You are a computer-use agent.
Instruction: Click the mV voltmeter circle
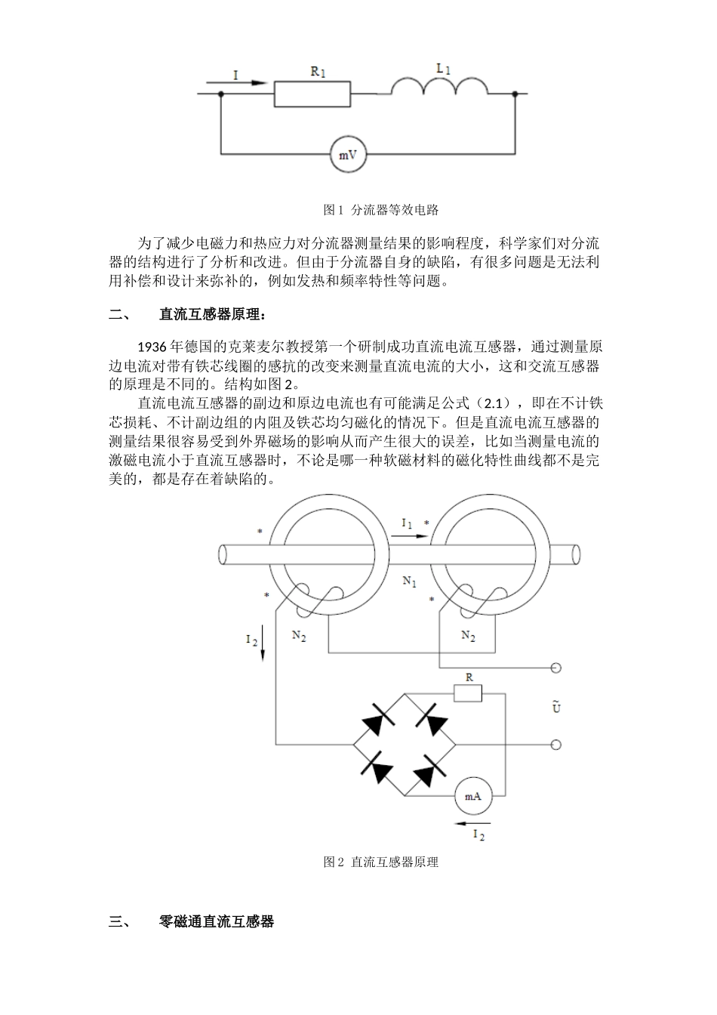tap(348, 156)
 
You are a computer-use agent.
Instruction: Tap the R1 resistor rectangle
tap(312, 94)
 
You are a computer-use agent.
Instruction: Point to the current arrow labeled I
tap(248, 83)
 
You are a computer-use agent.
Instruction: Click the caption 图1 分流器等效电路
tap(380, 209)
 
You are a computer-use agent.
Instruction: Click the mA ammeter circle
tap(472, 796)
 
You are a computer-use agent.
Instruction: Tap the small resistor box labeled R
tap(468, 693)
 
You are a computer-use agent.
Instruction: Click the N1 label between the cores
tap(408, 582)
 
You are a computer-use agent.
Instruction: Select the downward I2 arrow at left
tap(263, 643)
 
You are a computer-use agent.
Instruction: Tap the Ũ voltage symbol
tap(556, 707)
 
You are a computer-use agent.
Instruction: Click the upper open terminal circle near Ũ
tap(556, 668)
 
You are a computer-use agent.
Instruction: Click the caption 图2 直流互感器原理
tap(380, 862)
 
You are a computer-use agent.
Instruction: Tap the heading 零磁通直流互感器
tap(217, 921)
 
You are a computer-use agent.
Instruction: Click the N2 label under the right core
tap(468, 637)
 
